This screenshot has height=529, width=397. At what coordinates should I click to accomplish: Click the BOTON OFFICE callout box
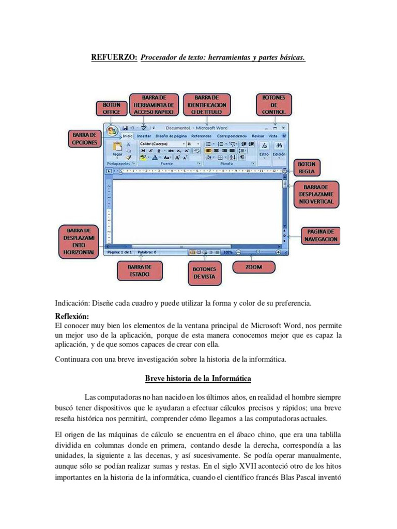[111, 108]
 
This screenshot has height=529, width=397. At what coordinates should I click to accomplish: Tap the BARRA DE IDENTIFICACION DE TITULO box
[209, 104]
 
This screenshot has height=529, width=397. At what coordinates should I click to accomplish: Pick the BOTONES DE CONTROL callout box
[273, 104]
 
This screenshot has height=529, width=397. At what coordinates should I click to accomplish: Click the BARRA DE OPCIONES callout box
[84, 138]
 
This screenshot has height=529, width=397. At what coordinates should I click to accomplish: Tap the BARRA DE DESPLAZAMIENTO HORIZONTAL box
[79, 241]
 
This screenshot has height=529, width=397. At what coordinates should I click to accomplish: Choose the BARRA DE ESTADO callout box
[140, 271]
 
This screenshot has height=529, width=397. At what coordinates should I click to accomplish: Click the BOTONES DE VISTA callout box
[204, 273]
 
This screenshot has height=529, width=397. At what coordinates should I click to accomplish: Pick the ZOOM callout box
[254, 267]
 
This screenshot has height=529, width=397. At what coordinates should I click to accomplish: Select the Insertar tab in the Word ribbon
[144, 136]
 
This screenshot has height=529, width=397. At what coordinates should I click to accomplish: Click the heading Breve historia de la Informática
[198, 379]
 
